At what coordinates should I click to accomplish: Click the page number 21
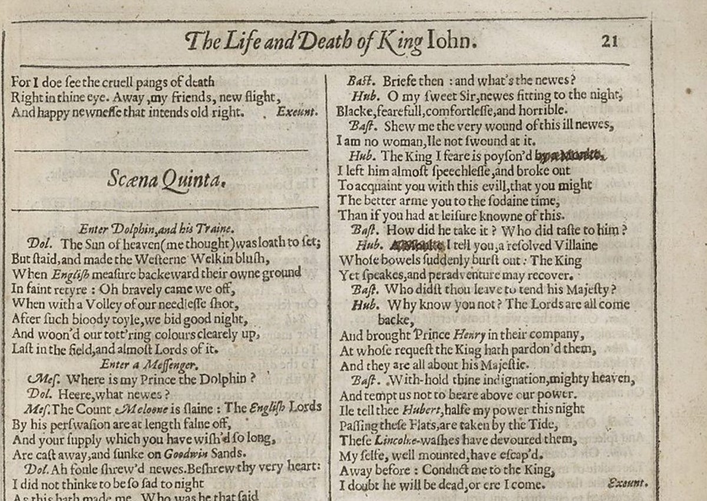coord(609,42)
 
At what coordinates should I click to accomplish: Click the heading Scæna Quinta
coord(167,179)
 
